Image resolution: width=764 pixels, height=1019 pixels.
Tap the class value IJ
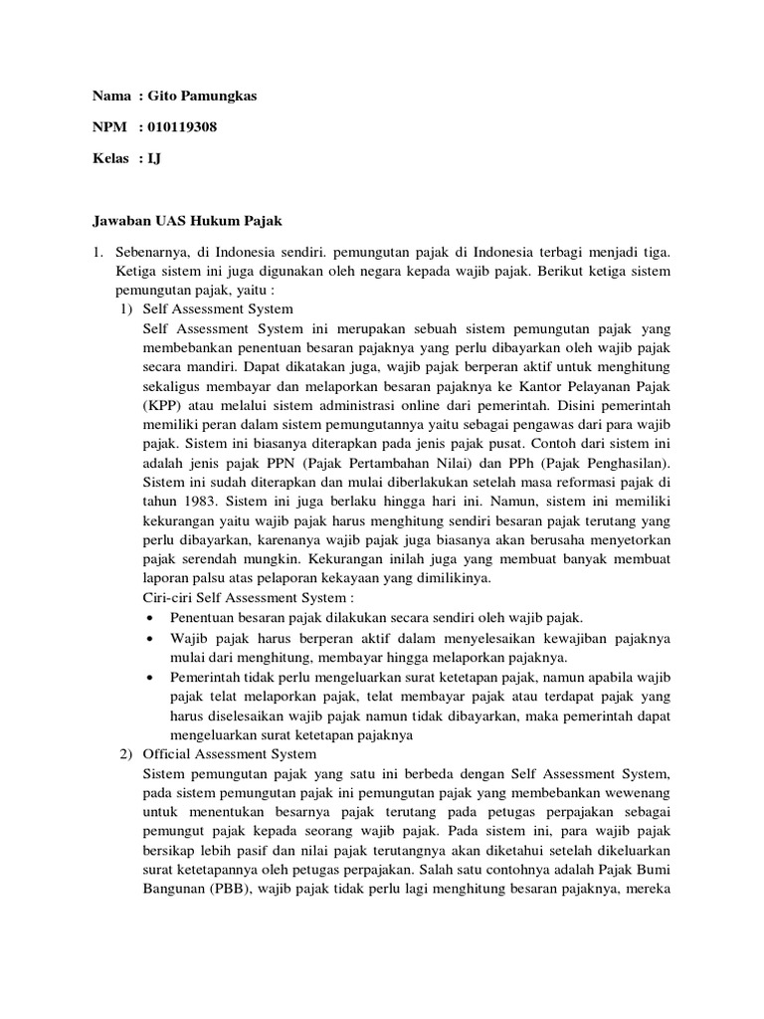[x=154, y=158]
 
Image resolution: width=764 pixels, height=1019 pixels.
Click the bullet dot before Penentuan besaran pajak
[x=150, y=618]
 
